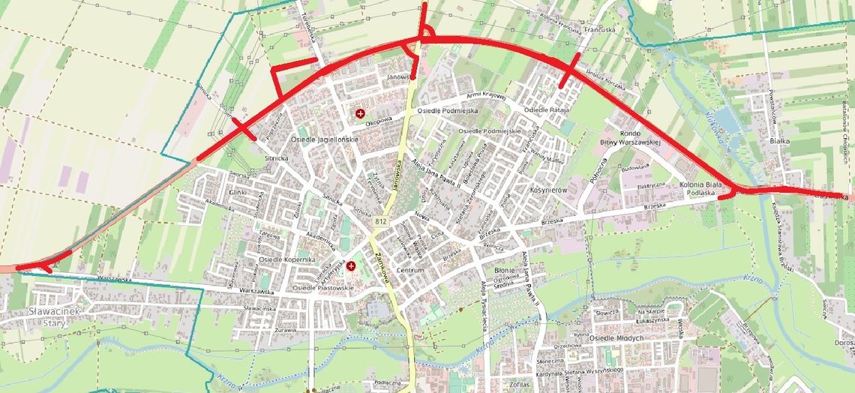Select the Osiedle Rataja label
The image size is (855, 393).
tap(547, 110)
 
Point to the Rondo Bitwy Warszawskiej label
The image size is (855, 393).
tap(629, 137)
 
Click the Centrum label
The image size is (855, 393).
tap(410, 270)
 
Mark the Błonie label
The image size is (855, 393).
tap(505, 270)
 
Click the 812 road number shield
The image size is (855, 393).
tap(380, 222)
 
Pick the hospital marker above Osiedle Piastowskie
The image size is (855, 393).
tap(350, 265)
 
